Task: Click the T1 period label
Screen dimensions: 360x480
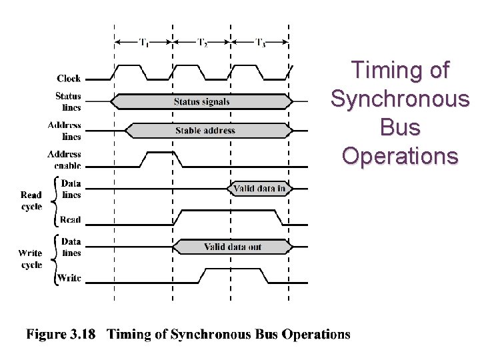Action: (x=143, y=41)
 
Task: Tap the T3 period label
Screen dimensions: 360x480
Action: (x=260, y=41)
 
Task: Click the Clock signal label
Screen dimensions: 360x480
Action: (x=69, y=78)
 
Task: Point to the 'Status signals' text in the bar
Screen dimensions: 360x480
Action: (x=201, y=101)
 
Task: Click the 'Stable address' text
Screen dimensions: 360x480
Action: (x=205, y=130)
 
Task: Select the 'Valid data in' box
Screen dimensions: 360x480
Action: (x=260, y=189)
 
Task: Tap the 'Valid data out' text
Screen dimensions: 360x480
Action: (x=233, y=247)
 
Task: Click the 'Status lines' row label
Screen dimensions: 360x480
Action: (x=68, y=101)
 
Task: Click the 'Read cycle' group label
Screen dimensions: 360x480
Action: (x=31, y=201)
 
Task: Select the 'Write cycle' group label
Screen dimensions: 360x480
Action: (x=31, y=259)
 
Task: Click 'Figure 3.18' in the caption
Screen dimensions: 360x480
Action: (x=60, y=334)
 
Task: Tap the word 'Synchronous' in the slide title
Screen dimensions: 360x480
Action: (x=399, y=99)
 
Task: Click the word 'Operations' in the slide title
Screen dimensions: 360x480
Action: (x=399, y=155)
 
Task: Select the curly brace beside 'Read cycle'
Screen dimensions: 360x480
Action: (x=51, y=200)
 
